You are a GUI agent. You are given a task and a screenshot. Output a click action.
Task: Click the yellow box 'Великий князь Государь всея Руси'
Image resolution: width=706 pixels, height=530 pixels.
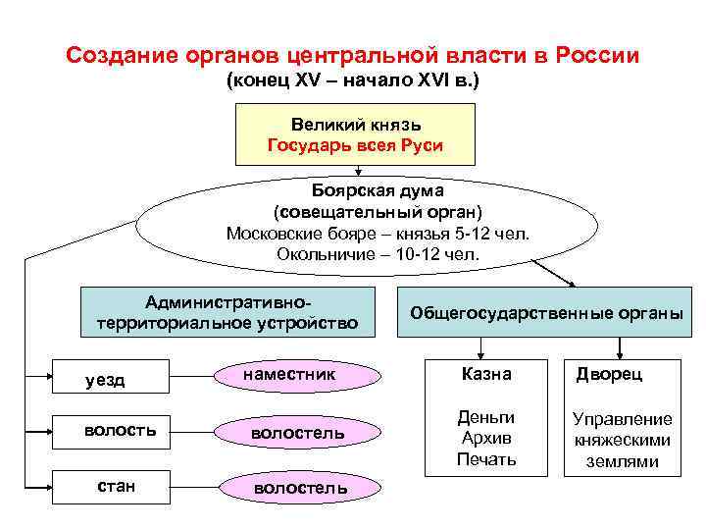click(355, 134)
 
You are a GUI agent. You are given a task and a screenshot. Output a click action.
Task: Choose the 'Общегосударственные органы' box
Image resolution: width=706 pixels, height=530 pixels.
click(545, 313)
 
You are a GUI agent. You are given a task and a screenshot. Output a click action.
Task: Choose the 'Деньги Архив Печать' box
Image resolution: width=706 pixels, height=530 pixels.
click(486, 438)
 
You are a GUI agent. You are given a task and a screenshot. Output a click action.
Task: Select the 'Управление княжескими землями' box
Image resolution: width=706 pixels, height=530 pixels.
click(623, 440)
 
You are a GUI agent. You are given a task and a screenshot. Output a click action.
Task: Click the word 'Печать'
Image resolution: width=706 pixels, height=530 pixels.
click(486, 459)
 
